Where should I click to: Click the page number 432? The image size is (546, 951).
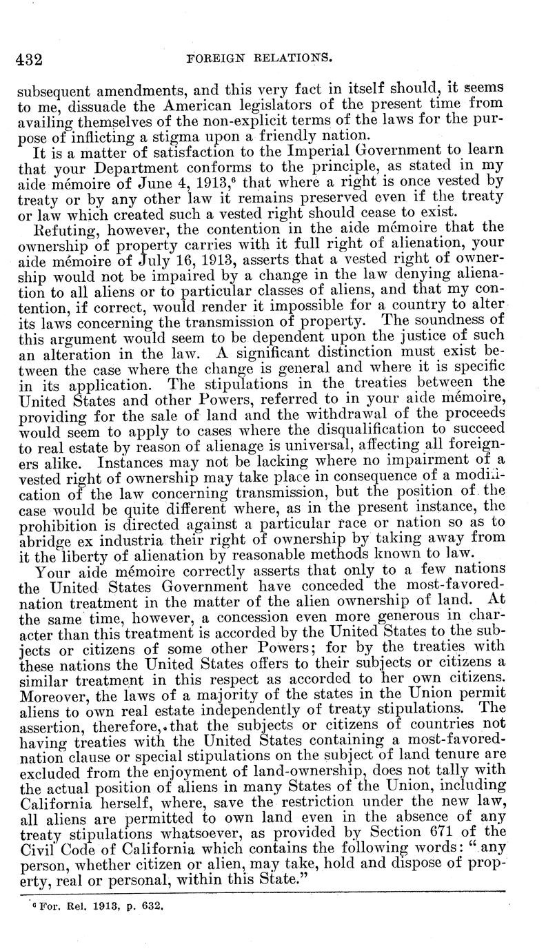(30, 60)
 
